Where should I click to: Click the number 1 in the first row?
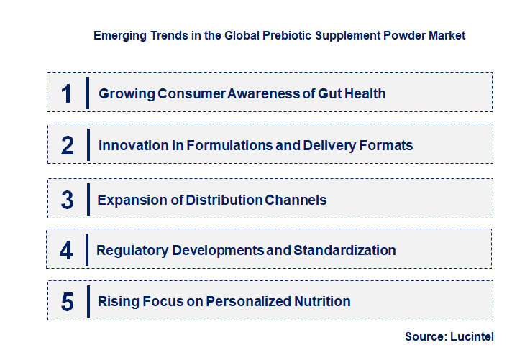coord(67,93)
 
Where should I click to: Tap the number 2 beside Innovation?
coord(68,145)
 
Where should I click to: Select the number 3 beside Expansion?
coord(68,200)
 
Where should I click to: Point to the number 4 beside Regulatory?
coord(66,251)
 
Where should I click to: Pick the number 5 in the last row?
coord(68,302)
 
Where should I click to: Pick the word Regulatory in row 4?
coord(130,250)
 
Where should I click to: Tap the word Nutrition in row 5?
coord(323,301)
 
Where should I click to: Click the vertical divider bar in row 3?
coord(88,199)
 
